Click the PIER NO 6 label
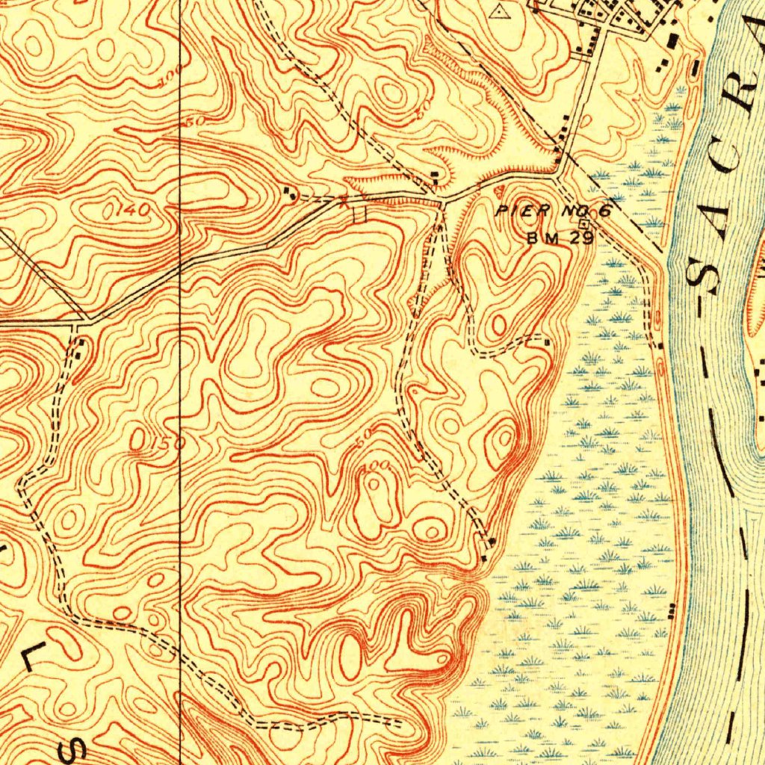[554, 211]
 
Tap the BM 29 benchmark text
[560, 238]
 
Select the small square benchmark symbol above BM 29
[583, 223]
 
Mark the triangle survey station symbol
[500, 11]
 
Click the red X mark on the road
[343, 199]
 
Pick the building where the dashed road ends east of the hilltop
[548, 342]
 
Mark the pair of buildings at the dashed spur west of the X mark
[291, 193]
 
